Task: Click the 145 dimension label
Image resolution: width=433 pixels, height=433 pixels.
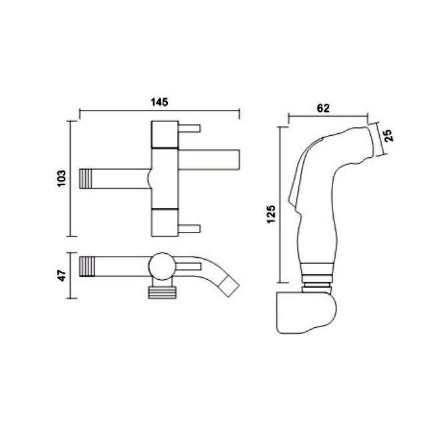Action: click(159, 102)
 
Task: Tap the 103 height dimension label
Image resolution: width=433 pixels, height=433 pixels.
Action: click(61, 179)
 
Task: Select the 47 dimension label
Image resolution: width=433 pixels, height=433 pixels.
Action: click(62, 275)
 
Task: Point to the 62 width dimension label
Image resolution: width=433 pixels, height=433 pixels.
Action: click(323, 108)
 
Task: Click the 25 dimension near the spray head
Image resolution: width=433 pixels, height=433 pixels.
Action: click(389, 136)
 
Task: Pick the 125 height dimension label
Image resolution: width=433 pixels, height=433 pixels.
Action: click(271, 214)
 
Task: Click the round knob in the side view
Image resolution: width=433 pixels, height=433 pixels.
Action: click(162, 266)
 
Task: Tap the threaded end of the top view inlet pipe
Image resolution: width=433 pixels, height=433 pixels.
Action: click(86, 179)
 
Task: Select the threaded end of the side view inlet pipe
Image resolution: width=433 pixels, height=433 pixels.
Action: click(86, 266)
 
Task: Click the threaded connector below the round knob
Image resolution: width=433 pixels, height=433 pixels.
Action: click(162, 292)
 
